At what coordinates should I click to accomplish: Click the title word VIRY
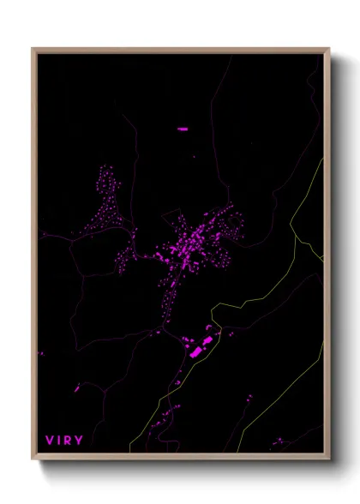64,441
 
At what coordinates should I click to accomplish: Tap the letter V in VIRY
50,441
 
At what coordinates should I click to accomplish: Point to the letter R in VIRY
69,441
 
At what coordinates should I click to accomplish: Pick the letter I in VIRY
60,441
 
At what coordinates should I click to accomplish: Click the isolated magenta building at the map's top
183,129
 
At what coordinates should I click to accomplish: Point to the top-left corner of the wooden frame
33,49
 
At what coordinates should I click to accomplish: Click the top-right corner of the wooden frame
329,49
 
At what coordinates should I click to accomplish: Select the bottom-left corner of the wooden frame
33,459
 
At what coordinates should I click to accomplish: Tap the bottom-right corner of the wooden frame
329,459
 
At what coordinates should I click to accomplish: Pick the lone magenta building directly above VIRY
76,390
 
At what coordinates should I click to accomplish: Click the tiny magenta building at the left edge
40,352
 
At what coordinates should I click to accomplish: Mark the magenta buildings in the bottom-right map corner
279,442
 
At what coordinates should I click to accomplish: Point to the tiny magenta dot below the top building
194,157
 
